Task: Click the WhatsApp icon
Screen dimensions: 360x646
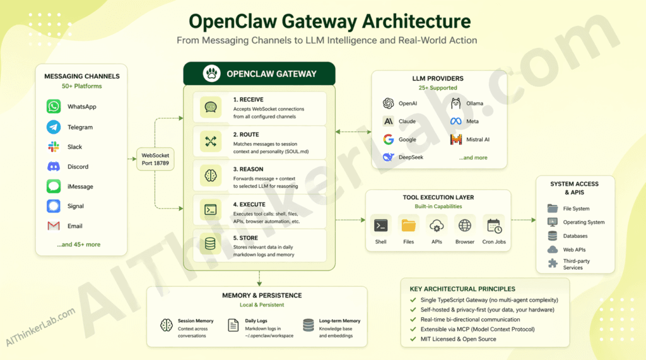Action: click(54, 107)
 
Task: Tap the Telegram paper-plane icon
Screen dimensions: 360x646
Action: click(54, 127)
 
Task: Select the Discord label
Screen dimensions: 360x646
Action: click(78, 167)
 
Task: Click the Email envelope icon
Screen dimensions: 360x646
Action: click(54, 226)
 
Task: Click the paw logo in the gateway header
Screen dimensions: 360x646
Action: click(212, 74)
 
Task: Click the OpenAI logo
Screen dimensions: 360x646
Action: click(388, 103)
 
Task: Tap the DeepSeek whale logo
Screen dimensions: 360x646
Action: click(388, 158)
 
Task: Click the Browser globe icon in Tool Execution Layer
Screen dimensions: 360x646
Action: click(465, 226)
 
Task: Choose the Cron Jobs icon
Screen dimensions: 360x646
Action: click(493, 226)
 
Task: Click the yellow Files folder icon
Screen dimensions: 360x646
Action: click(409, 226)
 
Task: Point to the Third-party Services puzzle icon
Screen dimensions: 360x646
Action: click(553, 264)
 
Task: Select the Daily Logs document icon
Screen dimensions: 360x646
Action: click(232, 325)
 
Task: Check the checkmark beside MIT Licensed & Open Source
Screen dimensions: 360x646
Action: click(413, 339)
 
